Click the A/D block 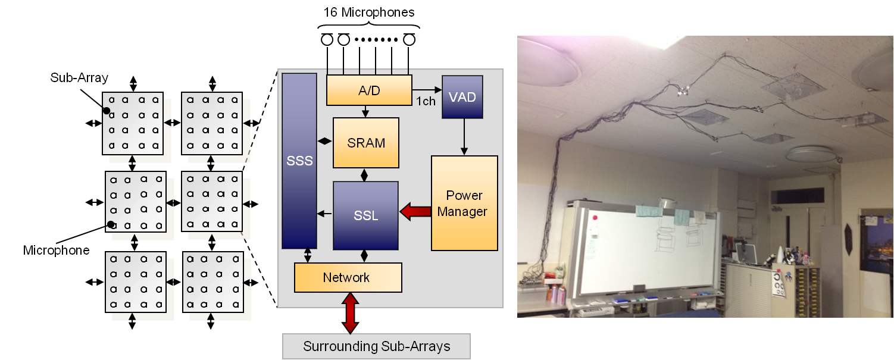[x=369, y=90]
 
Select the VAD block [x=462, y=96]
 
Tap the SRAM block [x=366, y=143]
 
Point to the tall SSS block [x=299, y=161]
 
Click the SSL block [x=365, y=215]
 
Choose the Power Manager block [x=464, y=203]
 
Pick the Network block [x=348, y=277]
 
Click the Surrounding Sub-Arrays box [x=376, y=346]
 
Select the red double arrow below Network [x=350, y=313]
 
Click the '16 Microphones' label [x=368, y=12]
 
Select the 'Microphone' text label [x=57, y=250]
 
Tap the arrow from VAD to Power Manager [x=462, y=136]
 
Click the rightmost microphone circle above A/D [x=409, y=40]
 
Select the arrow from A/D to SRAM [x=366, y=111]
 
